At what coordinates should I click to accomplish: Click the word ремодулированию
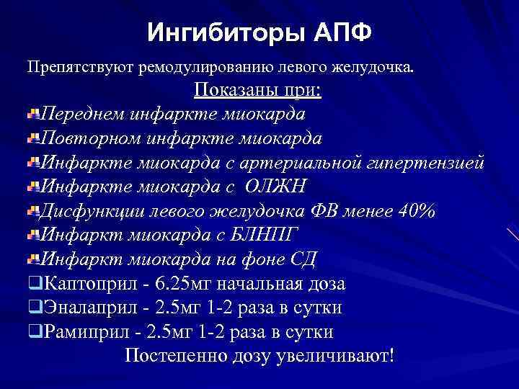pyautogui.click(x=190, y=68)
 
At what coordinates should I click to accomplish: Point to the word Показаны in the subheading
pyautogui.click(x=229, y=91)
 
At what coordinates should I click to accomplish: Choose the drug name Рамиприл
pyautogui.click(x=86, y=333)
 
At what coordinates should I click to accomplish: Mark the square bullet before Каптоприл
pyautogui.click(x=35, y=284)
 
